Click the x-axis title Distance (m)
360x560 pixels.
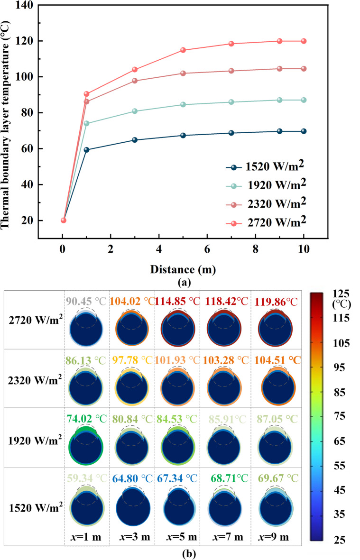tap(184, 270)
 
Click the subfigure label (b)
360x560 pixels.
tap(183, 553)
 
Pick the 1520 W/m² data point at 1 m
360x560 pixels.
tap(87, 150)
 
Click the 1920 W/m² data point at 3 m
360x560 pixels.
tap(135, 111)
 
